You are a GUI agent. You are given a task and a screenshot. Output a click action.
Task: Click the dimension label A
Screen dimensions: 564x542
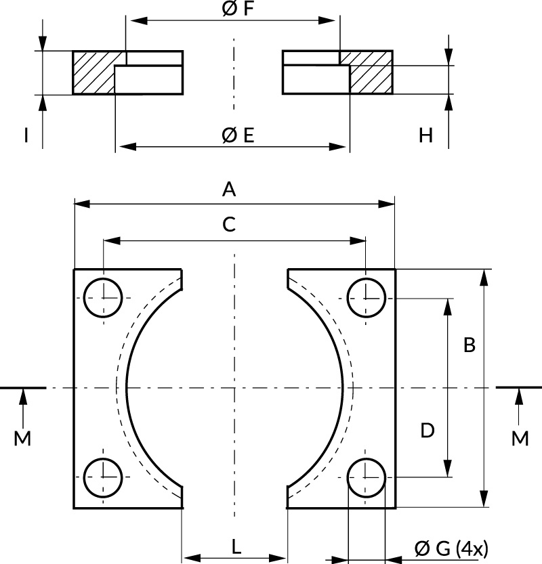(230, 190)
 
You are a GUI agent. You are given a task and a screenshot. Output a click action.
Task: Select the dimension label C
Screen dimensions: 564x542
(230, 225)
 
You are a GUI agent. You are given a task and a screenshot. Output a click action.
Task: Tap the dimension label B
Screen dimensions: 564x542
(469, 345)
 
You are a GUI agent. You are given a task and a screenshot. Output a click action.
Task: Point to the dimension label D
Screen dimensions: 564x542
(427, 430)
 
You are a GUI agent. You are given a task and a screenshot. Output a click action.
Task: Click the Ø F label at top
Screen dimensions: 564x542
(234, 10)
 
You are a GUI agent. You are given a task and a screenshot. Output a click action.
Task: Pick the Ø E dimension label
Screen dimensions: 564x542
(237, 135)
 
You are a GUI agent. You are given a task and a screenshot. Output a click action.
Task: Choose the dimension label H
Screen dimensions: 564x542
(425, 135)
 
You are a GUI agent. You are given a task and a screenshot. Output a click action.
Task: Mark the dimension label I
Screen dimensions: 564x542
(26, 135)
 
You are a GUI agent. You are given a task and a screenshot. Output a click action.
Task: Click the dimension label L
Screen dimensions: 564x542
(235, 546)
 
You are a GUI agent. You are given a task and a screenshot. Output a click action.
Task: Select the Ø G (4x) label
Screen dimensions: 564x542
(451, 547)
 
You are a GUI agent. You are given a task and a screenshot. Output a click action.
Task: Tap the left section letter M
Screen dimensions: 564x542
(23, 439)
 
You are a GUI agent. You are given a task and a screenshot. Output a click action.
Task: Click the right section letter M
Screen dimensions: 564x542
(520, 439)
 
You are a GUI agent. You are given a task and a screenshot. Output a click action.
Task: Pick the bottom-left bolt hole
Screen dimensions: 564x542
(104, 477)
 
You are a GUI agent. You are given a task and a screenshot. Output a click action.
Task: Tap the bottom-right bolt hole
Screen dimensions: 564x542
(366, 477)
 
